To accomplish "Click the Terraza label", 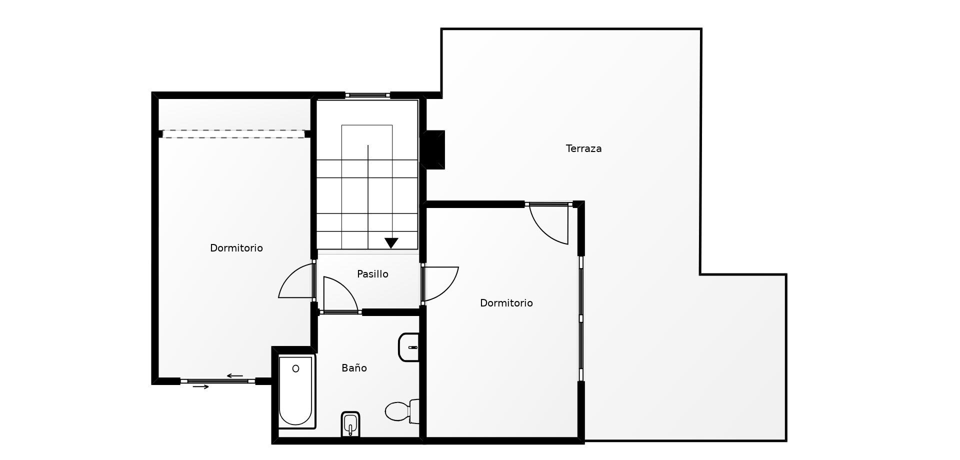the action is (x=583, y=148).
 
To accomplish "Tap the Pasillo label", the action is (x=372, y=274).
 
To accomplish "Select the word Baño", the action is (x=354, y=368).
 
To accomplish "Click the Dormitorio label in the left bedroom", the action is (x=236, y=248).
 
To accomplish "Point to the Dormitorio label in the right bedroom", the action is (x=506, y=303).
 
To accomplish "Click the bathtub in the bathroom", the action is (x=296, y=391).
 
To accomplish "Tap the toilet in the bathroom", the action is (x=402, y=411).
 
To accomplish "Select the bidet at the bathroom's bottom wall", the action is (x=350, y=424).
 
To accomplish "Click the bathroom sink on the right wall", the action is (x=408, y=347).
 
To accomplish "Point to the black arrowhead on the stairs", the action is (x=391, y=243).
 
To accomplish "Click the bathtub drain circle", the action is (x=295, y=369).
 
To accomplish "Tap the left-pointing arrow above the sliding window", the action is (x=234, y=376).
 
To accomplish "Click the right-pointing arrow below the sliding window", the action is (x=200, y=386).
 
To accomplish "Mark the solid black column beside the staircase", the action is (x=432, y=150).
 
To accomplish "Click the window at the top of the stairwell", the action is (x=367, y=95).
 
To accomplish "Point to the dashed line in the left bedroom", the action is (x=233, y=134).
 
